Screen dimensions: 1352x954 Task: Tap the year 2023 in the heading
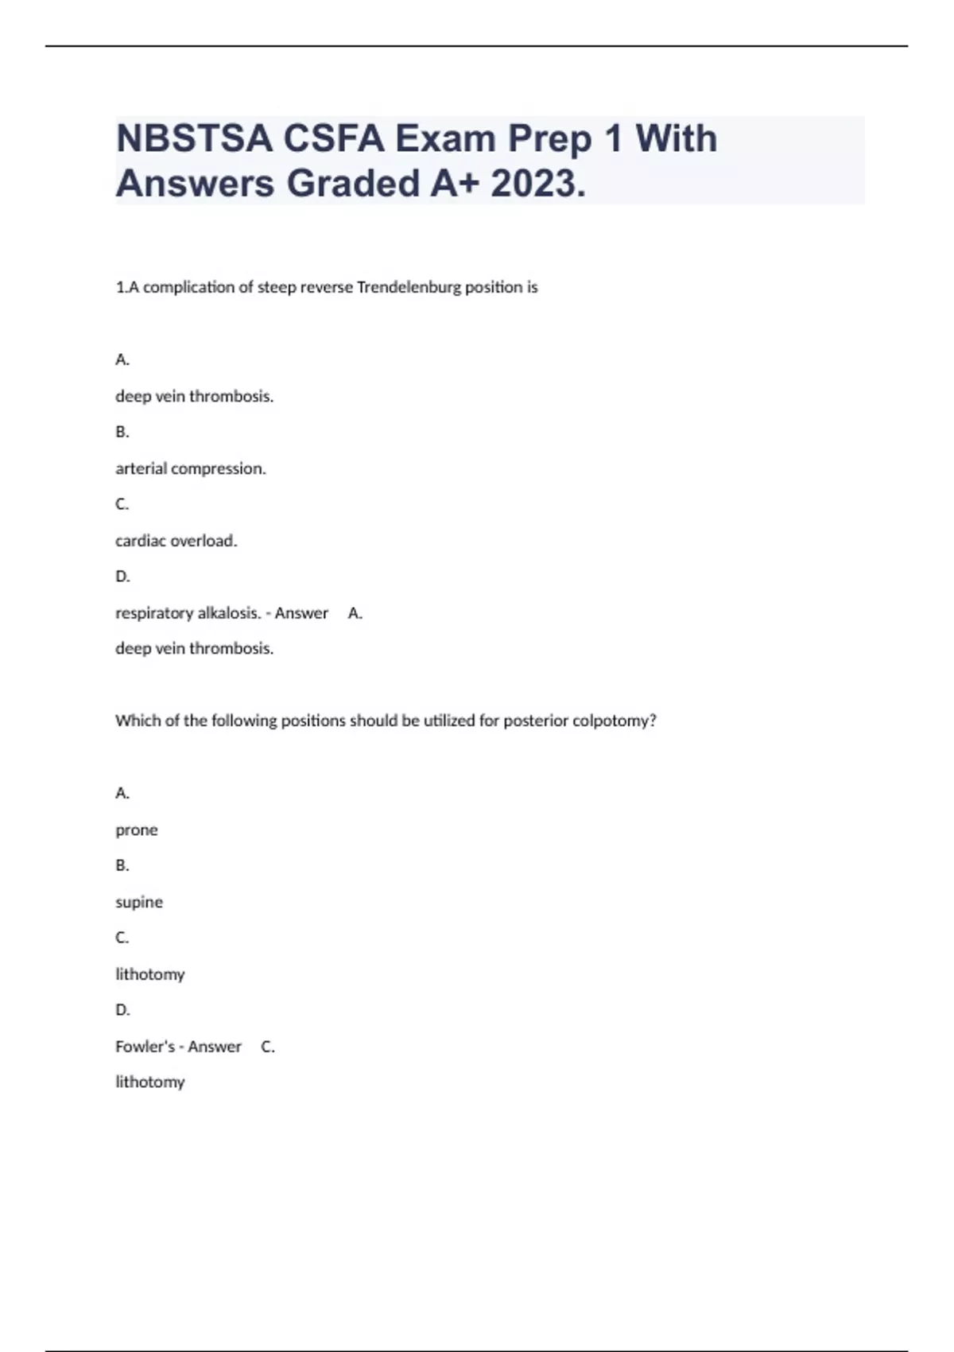[x=537, y=184]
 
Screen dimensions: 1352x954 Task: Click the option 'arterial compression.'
[x=191, y=468]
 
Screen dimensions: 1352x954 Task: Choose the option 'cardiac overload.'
[x=176, y=541]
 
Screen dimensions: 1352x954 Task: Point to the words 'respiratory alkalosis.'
[x=188, y=613]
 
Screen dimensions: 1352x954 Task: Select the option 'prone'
[x=137, y=830]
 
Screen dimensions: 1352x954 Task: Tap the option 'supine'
[x=139, y=902]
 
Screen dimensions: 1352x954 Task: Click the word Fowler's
[x=145, y=1047]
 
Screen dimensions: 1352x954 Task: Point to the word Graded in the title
[x=353, y=184]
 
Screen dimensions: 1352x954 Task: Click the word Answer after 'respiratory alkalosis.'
[x=301, y=613]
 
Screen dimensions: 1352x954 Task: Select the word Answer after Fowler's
[x=215, y=1047]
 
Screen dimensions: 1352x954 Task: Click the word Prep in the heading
[x=550, y=139]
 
